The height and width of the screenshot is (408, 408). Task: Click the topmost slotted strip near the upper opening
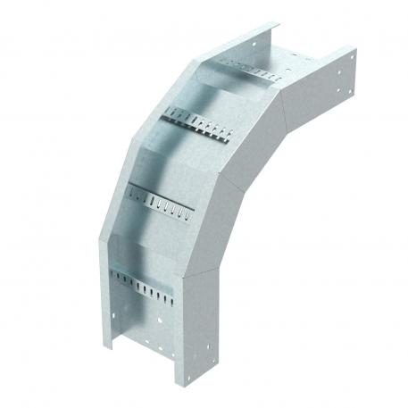click(x=250, y=70)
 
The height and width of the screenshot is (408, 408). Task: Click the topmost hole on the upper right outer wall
click(x=352, y=60)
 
